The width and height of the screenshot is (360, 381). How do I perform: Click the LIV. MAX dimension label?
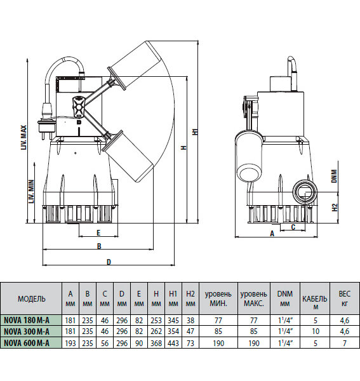[x=23, y=138]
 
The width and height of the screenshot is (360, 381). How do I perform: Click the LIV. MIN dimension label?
[x=31, y=192]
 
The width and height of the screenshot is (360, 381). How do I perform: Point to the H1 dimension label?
[x=196, y=131]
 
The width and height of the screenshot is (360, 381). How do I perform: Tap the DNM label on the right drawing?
[x=335, y=176]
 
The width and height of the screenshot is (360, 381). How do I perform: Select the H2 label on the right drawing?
[x=335, y=207]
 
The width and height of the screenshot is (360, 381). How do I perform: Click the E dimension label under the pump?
[x=98, y=233]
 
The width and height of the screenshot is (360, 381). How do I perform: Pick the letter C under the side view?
[x=293, y=227]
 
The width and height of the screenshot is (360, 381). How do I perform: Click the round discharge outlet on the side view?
[x=304, y=192]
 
